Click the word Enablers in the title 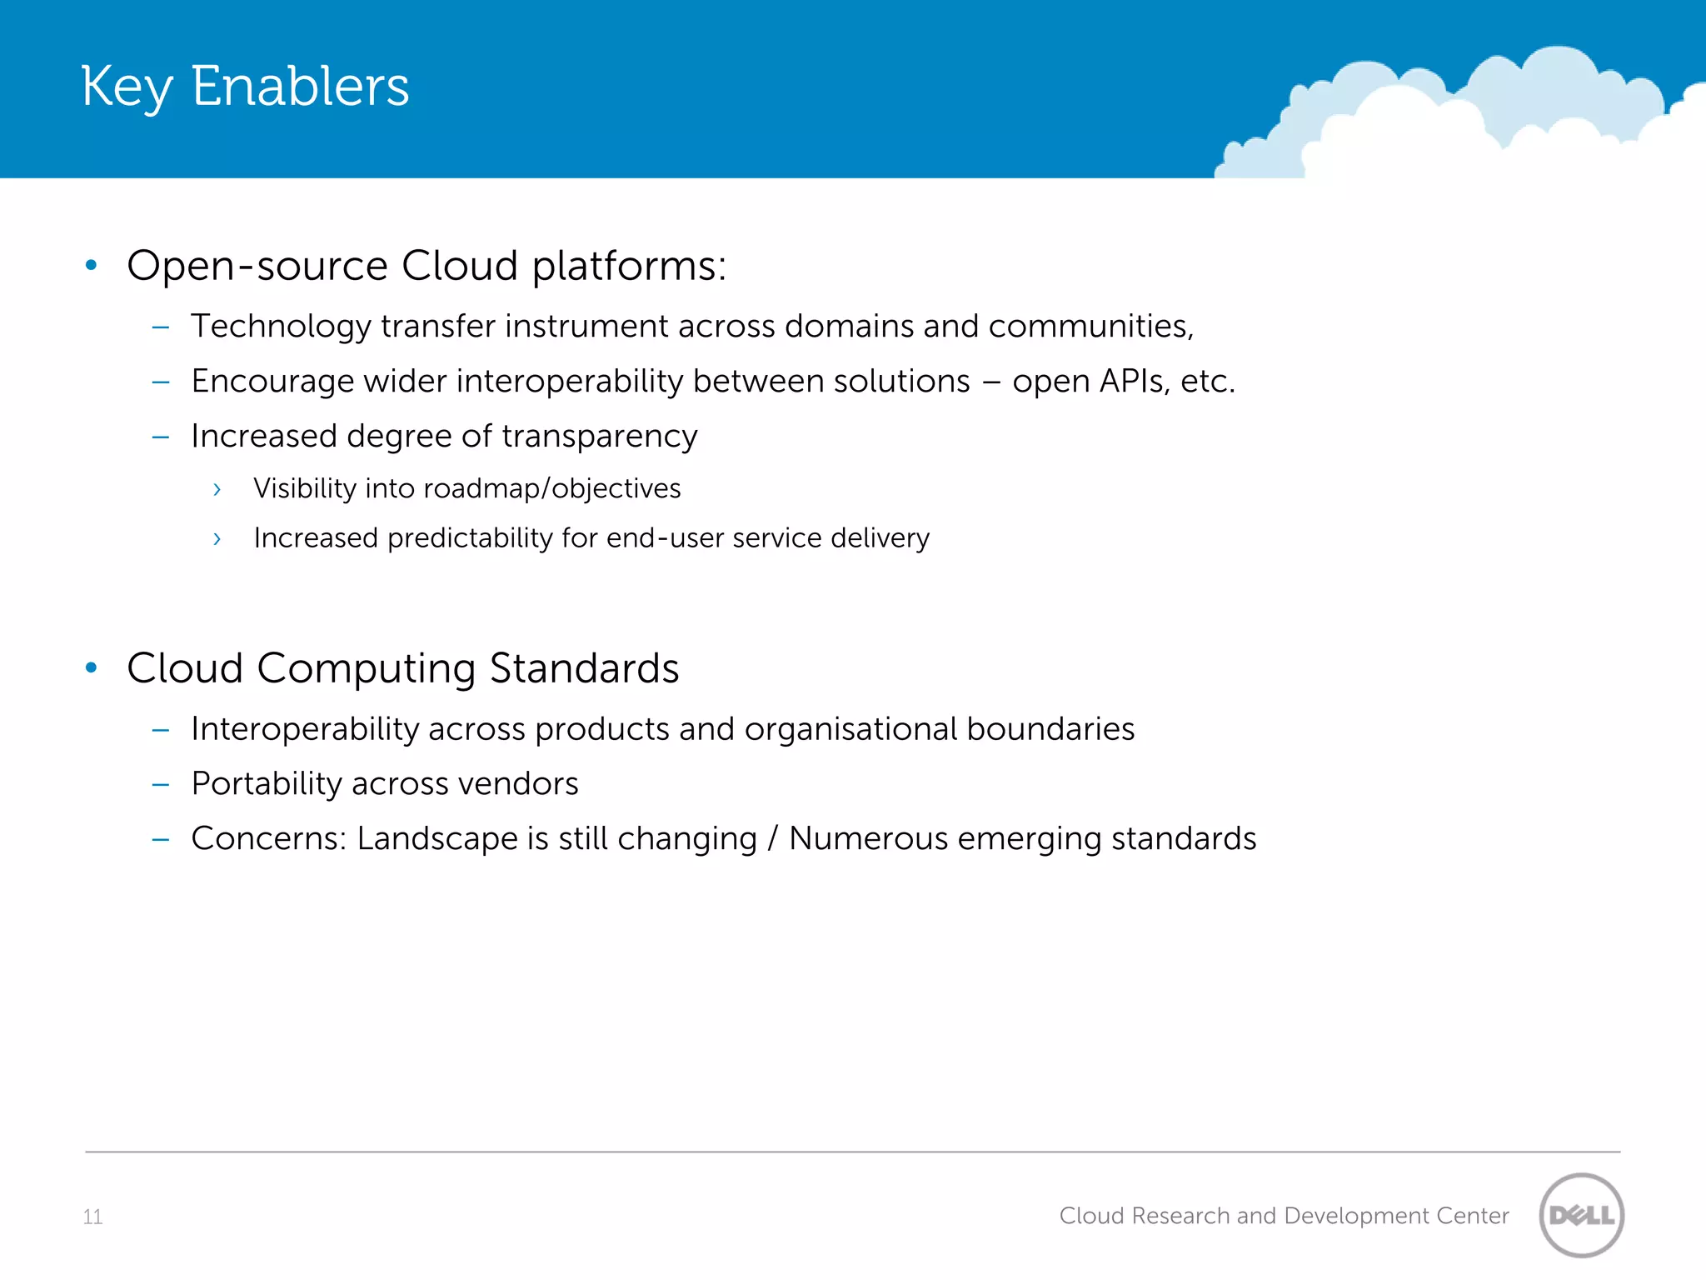click(300, 86)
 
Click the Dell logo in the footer click(1581, 1215)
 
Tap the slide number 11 click(92, 1217)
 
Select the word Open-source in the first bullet click(257, 267)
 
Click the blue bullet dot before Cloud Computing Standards click(92, 667)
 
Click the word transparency click(599, 437)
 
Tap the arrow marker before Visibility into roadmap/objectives click(217, 489)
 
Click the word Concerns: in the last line click(268, 839)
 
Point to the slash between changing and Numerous click(772, 839)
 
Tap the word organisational click(851, 729)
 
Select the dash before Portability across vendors click(161, 784)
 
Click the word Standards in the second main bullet click(584, 668)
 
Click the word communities click(1090, 327)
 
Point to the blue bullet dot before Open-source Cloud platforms click(92, 266)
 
